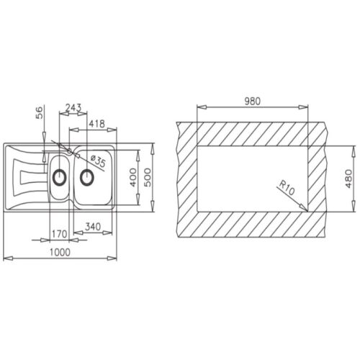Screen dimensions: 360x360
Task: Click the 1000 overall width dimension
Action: (60, 252)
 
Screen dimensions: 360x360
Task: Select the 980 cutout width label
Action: (252, 102)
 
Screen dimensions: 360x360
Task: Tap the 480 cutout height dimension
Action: (348, 179)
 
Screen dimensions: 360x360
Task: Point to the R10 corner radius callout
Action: (286, 188)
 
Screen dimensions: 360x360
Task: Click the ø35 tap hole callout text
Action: (98, 161)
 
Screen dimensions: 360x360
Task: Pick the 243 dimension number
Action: (73, 108)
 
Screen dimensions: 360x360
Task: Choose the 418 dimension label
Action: (96, 124)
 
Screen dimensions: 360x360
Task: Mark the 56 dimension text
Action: (39, 112)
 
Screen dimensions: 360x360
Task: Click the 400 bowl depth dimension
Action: (132, 177)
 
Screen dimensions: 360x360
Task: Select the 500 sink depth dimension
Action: (148, 177)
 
